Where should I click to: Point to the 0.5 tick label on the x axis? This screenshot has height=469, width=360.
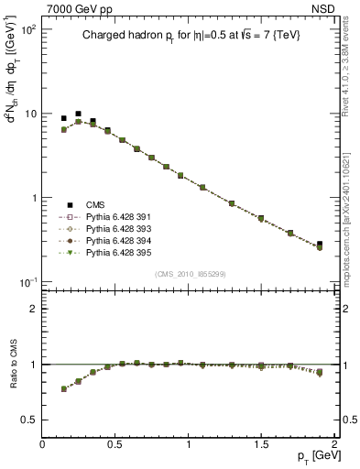point(115,444)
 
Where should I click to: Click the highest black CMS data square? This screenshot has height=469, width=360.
point(78,114)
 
